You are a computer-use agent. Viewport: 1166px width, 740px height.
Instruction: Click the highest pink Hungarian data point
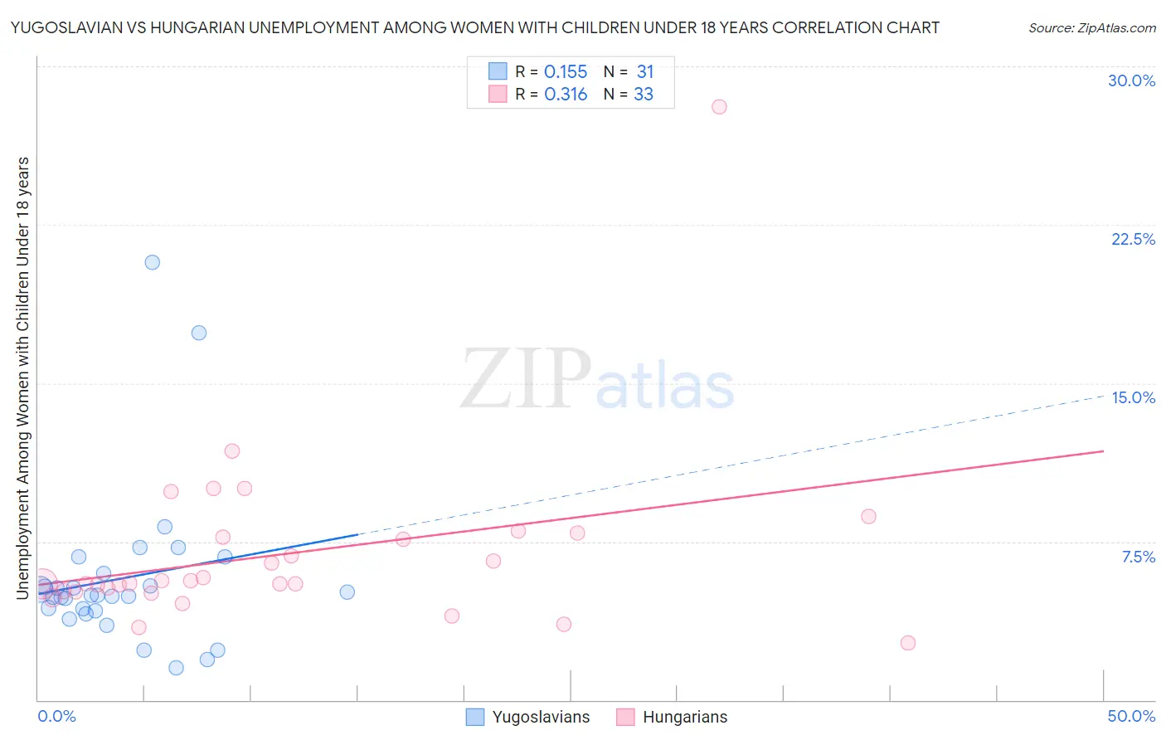719,107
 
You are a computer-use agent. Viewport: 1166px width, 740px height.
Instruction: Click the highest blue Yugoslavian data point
153,262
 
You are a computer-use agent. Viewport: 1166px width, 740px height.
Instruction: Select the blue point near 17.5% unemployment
199,333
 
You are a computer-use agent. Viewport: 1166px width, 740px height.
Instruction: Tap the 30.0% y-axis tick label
1131,80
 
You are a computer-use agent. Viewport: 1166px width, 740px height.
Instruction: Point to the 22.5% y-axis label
1133,239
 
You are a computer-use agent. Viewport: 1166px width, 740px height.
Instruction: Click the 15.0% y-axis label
1133,397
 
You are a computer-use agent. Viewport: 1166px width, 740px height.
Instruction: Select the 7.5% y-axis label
1138,557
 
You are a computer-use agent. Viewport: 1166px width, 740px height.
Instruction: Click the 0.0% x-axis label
56,716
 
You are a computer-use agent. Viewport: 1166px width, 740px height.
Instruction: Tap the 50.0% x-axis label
1131,716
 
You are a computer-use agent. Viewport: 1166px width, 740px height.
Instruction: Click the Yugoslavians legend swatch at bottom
475,717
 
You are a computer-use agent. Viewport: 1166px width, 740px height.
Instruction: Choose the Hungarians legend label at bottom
685,717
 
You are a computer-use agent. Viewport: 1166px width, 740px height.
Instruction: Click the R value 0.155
566,72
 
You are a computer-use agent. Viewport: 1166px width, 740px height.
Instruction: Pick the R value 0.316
566,95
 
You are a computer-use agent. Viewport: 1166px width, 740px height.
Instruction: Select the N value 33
644,95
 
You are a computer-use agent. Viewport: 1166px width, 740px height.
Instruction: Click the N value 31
644,72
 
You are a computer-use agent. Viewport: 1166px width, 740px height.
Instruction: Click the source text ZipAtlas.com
1092,28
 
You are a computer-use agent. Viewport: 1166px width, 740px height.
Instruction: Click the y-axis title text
22,377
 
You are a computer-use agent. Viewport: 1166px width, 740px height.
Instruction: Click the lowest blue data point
176,668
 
